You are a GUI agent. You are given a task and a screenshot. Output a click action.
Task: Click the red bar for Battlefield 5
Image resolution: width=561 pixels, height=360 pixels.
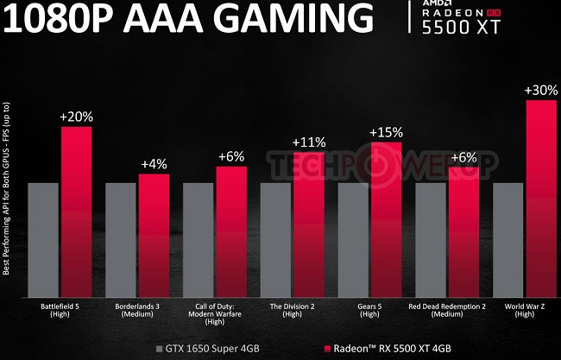click(76, 211)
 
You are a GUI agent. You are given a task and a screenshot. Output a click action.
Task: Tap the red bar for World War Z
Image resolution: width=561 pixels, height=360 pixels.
click(540, 198)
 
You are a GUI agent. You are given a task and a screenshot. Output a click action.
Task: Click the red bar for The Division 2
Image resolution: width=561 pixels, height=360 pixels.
click(308, 224)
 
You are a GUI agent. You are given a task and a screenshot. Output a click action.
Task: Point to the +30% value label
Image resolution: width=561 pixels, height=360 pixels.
click(540, 91)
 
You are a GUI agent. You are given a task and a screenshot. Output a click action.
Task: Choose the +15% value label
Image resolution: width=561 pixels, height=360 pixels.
click(386, 133)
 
